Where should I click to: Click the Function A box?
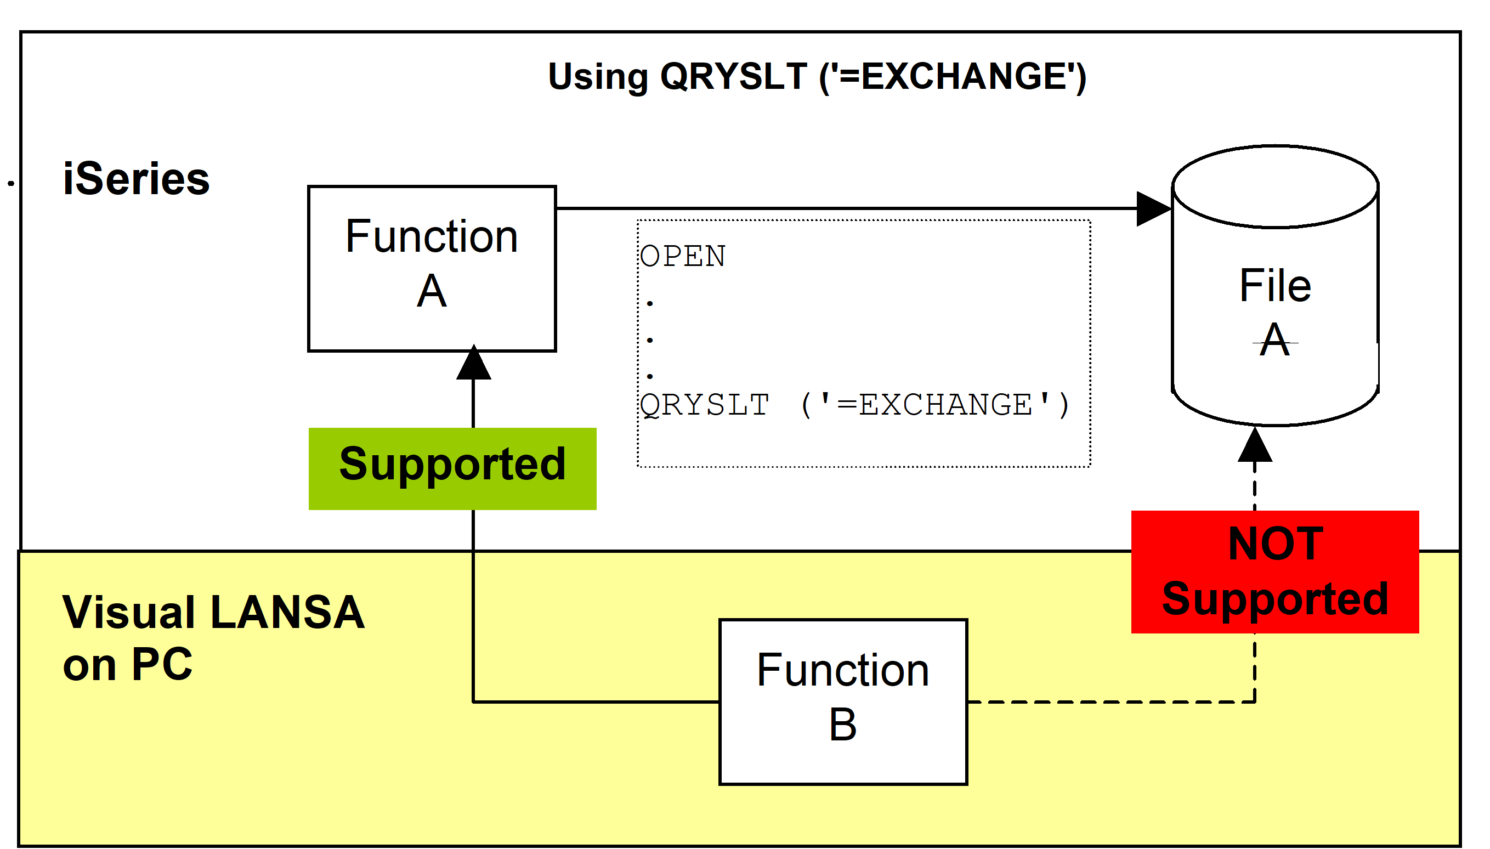click(x=432, y=269)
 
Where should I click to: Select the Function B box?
click(x=843, y=702)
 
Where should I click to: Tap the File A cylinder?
click(x=1275, y=286)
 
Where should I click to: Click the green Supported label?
click(x=452, y=469)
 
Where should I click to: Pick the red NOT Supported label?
click(x=1275, y=572)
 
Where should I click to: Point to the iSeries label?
click(x=137, y=178)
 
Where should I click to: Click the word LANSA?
click(x=287, y=612)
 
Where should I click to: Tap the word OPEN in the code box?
click(x=683, y=256)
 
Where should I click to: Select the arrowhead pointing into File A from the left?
click(x=1154, y=208)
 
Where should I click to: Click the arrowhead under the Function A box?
click(x=473, y=362)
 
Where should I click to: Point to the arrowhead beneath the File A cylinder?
click(x=1255, y=444)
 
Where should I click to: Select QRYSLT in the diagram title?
click(x=733, y=76)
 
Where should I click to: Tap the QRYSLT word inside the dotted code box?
click(x=704, y=405)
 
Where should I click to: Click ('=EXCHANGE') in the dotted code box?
click(x=936, y=405)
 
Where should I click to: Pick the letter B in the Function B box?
click(x=843, y=725)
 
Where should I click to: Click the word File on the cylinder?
click(x=1275, y=286)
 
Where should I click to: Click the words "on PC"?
click(x=128, y=665)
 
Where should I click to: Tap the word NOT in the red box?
click(x=1276, y=544)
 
